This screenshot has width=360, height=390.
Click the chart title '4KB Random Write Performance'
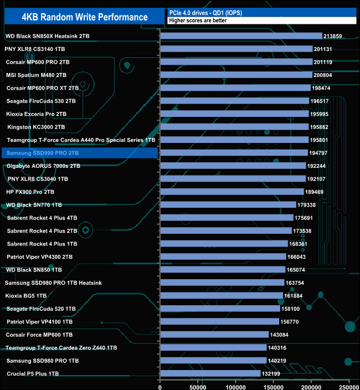pyautogui.click(x=85, y=17)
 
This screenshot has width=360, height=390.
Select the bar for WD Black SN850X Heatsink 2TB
pyautogui.click(x=241, y=36)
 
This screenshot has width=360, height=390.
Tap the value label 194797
pyautogui.click(x=321, y=153)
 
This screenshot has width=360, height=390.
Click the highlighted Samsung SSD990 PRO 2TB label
pyautogui.click(x=43, y=153)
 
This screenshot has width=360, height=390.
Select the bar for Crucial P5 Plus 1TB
pyautogui.click(x=210, y=374)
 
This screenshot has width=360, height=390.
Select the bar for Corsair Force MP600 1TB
pyautogui.click(x=214, y=335)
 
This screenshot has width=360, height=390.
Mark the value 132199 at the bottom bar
pyautogui.click(x=274, y=374)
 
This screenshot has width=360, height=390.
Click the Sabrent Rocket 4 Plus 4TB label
pyautogui.click(x=42, y=218)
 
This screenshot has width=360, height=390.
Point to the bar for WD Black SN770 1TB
pyautogui.click(x=228, y=205)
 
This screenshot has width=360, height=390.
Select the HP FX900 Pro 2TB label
pyautogui.click(x=30, y=192)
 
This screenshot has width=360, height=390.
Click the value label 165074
pyautogui.click(x=300, y=270)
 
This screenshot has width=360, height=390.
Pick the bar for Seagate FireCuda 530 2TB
pyautogui.click(x=234, y=101)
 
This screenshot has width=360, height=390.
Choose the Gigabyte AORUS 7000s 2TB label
pyautogui.click(x=44, y=166)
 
